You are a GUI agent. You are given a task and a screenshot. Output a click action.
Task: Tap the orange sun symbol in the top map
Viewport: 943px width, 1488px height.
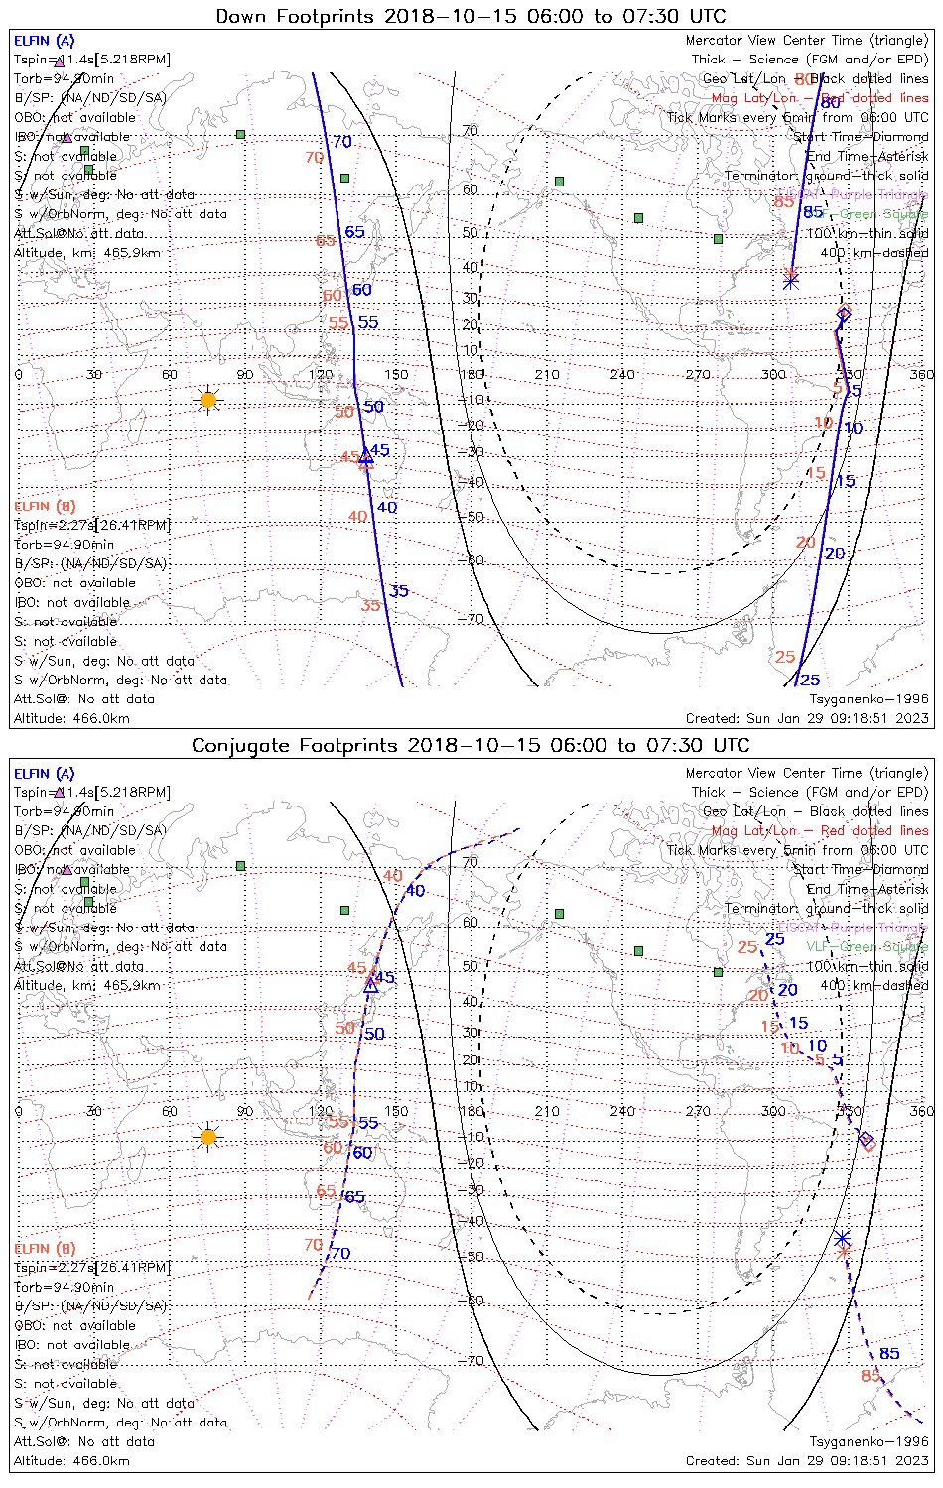tap(207, 400)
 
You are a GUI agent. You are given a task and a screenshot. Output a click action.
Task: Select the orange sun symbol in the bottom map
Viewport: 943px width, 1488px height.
tap(207, 1137)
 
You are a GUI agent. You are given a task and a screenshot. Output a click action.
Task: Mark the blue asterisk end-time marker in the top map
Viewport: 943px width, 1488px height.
tap(791, 281)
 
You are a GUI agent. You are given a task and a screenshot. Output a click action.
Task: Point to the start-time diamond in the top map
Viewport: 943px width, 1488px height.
tap(844, 314)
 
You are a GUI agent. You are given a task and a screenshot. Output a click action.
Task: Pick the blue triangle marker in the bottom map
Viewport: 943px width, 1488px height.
tap(371, 985)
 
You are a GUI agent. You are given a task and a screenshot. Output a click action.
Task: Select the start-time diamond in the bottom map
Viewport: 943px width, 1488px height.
tap(866, 1139)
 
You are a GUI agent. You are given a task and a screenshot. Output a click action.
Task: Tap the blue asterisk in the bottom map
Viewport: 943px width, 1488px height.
tap(842, 1238)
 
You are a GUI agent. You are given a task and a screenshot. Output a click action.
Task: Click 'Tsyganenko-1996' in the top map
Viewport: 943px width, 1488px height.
tap(869, 699)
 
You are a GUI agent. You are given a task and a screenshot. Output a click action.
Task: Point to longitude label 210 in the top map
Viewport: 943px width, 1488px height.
tap(547, 375)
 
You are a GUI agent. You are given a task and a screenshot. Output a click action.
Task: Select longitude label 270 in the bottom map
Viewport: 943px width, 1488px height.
tap(698, 1111)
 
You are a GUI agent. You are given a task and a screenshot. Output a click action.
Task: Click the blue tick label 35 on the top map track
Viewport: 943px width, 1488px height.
tap(398, 591)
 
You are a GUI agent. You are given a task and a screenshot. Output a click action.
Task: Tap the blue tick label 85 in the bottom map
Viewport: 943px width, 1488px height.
tap(889, 1353)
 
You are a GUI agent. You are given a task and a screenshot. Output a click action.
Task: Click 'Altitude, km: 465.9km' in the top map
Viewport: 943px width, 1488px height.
tap(87, 253)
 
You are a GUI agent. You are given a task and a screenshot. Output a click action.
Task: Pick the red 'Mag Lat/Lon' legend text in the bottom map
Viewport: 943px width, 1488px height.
tap(754, 831)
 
